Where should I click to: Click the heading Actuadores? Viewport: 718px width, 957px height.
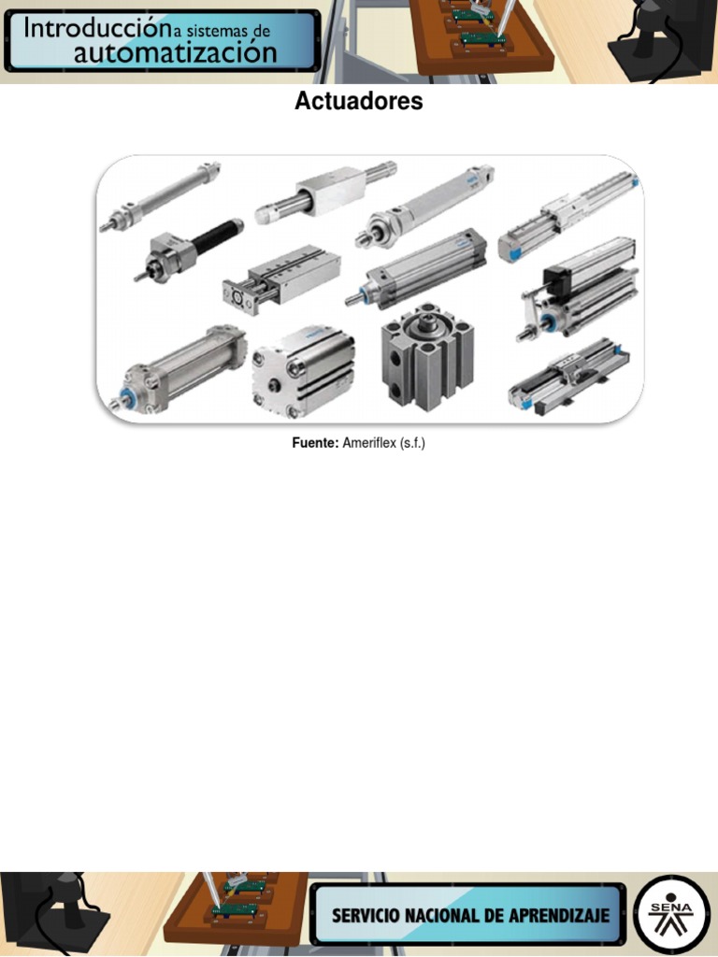[x=358, y=101]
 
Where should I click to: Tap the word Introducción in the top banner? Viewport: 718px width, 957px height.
[x=96, y=28]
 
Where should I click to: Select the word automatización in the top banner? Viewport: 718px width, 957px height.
[x=175, y=53]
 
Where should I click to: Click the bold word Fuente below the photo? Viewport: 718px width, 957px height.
[x=315, y=442]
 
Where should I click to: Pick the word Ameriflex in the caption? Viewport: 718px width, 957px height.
[x=369, y=442]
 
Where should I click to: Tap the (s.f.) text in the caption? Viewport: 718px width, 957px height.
[x=412, y=443]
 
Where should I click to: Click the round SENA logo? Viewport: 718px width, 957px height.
[x=671, y=915]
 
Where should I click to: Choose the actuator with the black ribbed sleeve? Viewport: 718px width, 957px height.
[x=188, y=250]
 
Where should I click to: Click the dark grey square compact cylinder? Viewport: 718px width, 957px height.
[x=427, y=357]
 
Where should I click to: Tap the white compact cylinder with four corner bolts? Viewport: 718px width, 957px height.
[x=303, y=371]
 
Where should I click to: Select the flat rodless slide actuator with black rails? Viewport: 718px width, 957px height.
[x=569, y=378]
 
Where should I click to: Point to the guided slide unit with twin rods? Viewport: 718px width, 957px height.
[x=280, y=279]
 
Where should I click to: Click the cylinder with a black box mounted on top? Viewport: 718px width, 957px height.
[x=578, y=288]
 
